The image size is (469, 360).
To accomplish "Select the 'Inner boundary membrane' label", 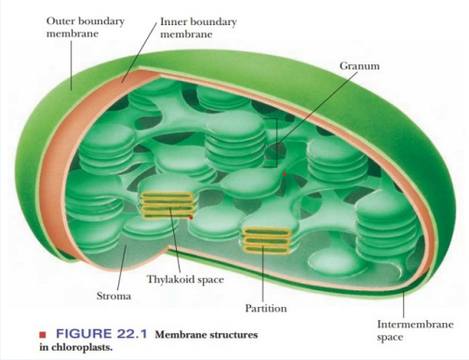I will click(198, 26).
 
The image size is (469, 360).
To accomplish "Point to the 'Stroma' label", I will click(114, 296).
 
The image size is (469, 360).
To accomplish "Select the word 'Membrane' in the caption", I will click(181, 333).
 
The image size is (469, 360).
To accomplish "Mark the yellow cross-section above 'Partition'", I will click(264, 241).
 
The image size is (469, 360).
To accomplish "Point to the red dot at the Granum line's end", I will click(283, 173).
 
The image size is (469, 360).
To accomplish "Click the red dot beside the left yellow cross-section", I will click(191, 217).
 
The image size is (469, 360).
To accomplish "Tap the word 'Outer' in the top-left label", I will click(61, 20).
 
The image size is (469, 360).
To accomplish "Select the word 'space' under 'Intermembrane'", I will click(391, 337).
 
